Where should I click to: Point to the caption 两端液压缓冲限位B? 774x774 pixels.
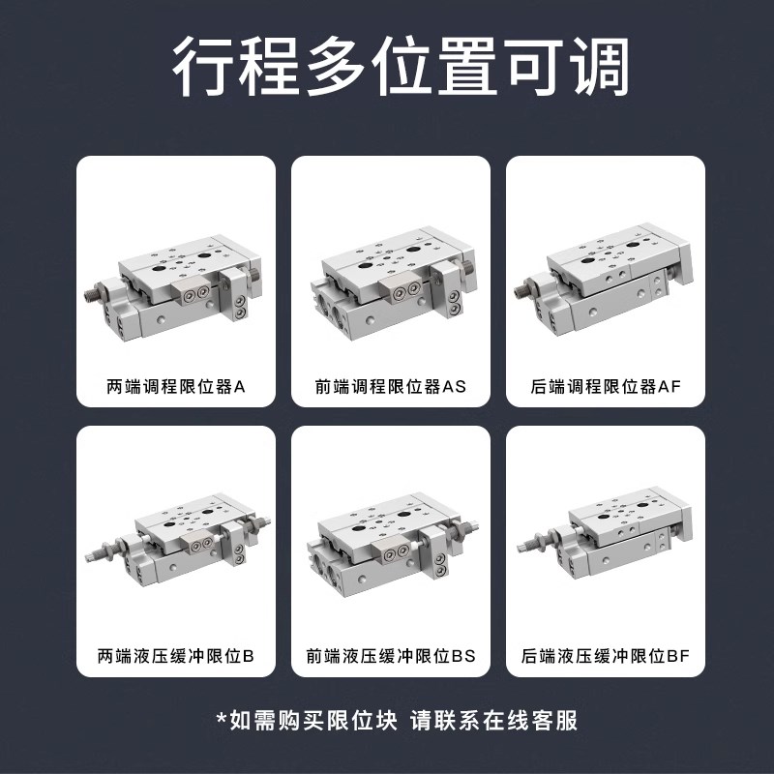176,656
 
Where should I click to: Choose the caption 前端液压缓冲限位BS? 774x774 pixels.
391,656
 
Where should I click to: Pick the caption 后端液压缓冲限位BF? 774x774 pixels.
607,656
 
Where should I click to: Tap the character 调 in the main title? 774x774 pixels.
599,68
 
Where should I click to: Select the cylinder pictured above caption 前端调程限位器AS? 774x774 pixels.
391,285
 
